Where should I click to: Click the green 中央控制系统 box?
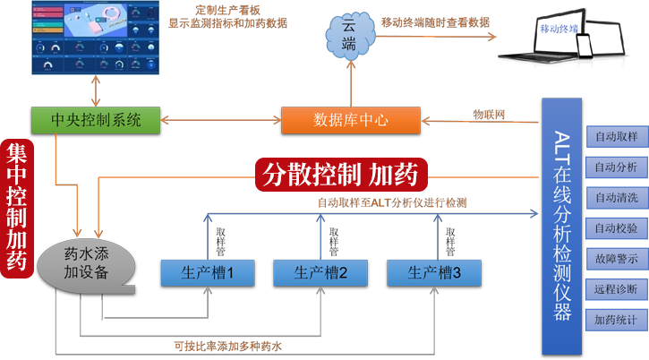[x=97, y=118]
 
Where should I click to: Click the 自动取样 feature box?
[x=615, y=137]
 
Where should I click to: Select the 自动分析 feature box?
[x=615, y=167]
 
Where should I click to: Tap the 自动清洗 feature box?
[x=615, y=197]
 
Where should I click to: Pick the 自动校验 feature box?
[x=615, y=227]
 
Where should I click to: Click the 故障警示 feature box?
[x=615, y=258]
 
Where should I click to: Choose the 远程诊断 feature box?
[x=615, y=288]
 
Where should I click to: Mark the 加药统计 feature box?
[x=615, y=318]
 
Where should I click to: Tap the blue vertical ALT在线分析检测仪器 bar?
[x=561, y=225]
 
